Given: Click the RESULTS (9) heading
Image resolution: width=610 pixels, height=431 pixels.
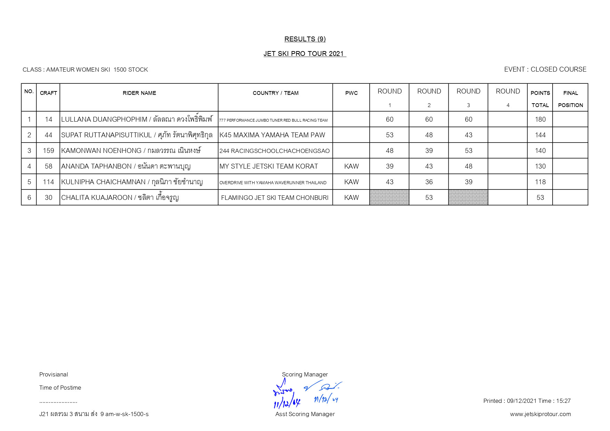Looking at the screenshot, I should [x=305, y=39].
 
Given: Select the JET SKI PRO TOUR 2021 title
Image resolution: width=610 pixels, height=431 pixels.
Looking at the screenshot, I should [x=304, y=54].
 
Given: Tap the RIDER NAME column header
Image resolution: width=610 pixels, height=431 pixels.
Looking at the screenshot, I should [x=139, y=93].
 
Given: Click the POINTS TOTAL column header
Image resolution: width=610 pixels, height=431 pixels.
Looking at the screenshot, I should [x=540, y=99].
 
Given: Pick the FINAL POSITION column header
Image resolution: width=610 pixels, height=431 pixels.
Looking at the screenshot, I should [x=570, y=99].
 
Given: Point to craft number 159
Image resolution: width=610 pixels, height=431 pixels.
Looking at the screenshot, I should [x=48, y=151].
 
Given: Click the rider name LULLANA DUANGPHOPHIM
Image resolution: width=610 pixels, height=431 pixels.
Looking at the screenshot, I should [x=104, y=119].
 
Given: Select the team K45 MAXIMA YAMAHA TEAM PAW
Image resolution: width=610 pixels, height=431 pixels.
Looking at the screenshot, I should [x=272, y=135].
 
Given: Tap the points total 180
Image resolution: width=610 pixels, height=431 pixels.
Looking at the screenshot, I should [x=540, y=119].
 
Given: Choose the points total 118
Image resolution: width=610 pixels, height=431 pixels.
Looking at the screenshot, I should [x=540, y=182].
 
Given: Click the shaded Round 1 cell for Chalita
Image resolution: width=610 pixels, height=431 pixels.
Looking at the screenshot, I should [x=389, y=197].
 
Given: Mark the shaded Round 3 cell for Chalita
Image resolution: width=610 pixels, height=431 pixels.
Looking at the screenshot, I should [x=468, y=197].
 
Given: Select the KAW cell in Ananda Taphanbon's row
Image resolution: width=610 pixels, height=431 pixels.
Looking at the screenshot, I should [x=351, y=166].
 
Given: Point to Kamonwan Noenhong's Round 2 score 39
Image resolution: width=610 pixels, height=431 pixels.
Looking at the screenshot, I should [x=429, y=151].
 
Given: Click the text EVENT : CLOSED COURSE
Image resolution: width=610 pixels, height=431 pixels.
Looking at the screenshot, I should [x=545, y=69].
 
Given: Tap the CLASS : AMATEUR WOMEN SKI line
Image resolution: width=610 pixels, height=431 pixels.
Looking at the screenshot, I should [x=85, y=70].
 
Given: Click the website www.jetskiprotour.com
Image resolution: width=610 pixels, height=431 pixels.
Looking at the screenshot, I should [x=540, y=414].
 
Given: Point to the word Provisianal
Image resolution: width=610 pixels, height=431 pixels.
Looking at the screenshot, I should [x=54, y=374].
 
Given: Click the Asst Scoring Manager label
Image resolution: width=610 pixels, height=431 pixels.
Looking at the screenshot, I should [x=305, y=414].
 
